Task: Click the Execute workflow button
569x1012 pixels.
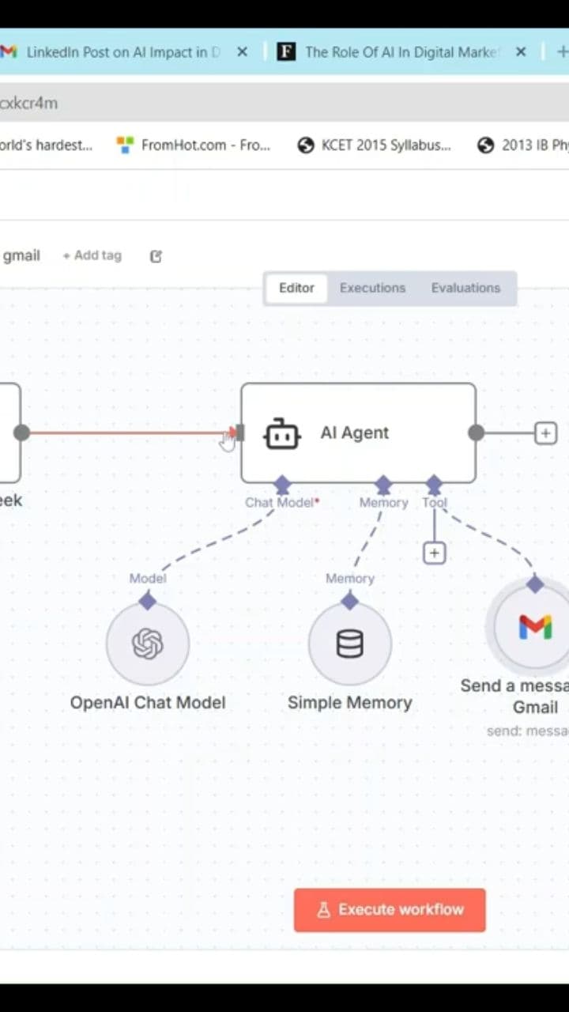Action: point(390,909)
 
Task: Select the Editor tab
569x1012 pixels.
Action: point(296,288)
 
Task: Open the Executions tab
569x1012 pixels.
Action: point(372,288)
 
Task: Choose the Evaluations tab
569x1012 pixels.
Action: point(465,288)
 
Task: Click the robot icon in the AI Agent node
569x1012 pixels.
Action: point(282,433)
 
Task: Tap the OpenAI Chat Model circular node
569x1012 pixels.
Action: point(148,644)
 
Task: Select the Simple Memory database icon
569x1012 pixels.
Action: point(349,644)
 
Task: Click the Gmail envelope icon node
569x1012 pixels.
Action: point(535,627)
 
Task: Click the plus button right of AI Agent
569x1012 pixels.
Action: point(545,433)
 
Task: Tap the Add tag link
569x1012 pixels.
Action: point(92,255)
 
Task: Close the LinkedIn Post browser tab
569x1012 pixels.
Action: point(243,52)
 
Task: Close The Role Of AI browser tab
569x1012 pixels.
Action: point(521,52)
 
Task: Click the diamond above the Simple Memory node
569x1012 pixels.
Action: point(349,601)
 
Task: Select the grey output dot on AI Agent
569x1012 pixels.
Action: point(476,432)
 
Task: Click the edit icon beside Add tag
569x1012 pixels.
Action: point(156,256)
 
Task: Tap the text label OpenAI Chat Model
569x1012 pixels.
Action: point(148,702)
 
